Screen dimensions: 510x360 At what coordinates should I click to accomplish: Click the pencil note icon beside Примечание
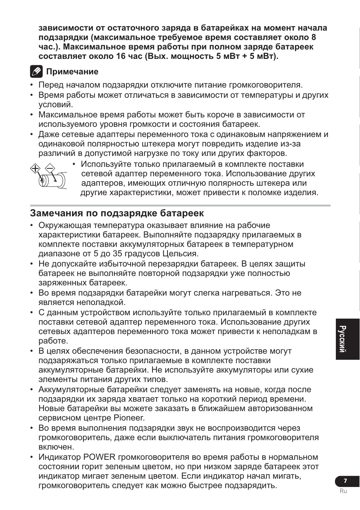click(x=36, y=71)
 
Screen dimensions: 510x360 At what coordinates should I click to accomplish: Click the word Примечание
click(x=72, y=72)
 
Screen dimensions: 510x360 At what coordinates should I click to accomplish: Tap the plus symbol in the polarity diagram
click(x=35, y=168)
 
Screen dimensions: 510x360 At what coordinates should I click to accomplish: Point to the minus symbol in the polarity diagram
click(x=50, y=168)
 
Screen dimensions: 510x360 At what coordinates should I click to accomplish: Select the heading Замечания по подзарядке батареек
click(x=117, y=213)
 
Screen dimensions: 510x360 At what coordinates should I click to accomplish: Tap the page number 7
click(x=345, y=481)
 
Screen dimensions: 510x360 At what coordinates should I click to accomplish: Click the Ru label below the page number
click(x=343, y=491)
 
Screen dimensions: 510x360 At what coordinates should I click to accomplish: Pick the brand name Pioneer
click(x=129, y=418)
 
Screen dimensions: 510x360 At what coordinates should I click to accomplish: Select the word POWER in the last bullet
click(x=102, y=457)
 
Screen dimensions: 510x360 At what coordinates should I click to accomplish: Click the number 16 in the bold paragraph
click(x=116, y=56)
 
